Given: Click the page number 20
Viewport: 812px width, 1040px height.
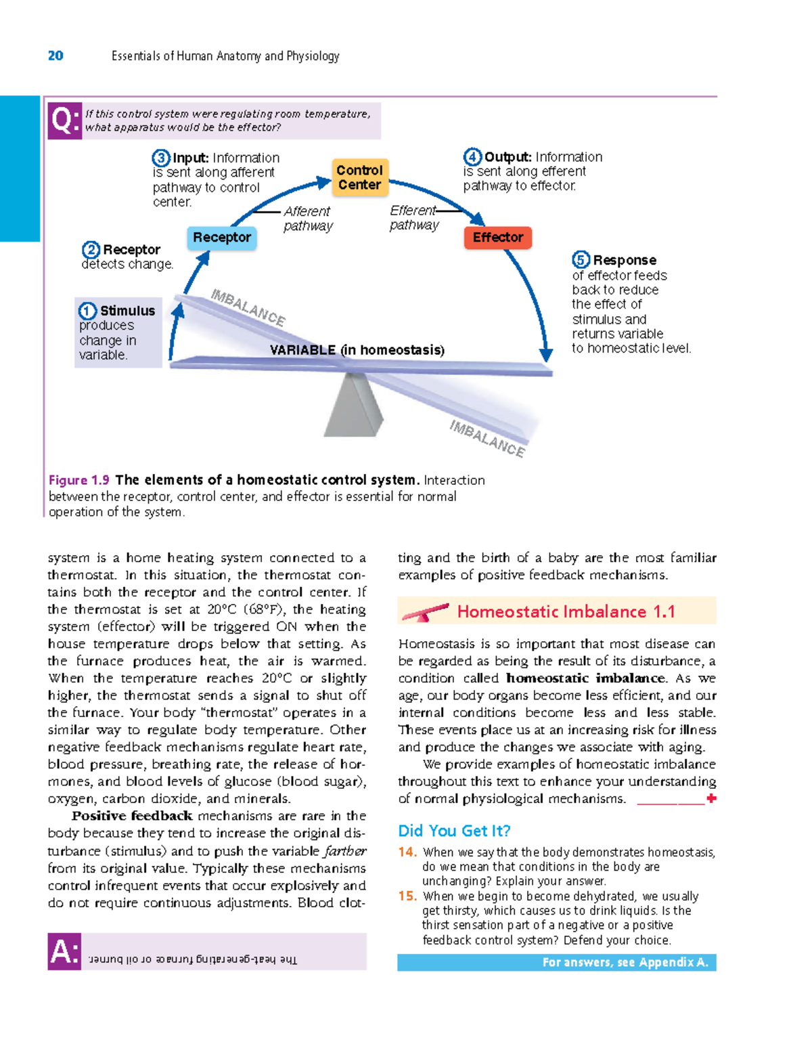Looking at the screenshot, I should coord(55,56).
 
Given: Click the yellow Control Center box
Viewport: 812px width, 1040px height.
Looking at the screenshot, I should coord(359,177).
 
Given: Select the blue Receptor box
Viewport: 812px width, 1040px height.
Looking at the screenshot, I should coord(222,238).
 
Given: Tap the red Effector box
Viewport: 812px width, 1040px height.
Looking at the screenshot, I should coord(498,238).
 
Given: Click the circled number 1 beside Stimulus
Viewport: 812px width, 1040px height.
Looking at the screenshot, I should coord(88,311).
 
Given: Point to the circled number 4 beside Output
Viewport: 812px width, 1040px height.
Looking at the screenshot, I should coord(472,157).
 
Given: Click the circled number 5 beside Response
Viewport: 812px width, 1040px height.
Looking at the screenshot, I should coord(581,259).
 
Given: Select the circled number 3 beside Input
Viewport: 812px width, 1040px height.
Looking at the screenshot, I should coord(160,158).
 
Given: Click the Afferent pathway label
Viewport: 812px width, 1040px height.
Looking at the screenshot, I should coord(308,219).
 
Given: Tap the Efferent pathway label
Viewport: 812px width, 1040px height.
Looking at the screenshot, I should coord(413,218).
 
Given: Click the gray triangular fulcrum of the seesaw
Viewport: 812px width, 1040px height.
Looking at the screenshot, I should coord(353,406).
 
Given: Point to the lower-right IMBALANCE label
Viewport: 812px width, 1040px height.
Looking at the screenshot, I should coord(487,438).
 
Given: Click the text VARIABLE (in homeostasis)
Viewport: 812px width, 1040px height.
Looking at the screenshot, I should coord(357,350).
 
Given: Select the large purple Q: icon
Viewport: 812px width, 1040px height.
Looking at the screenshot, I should coord(65,121).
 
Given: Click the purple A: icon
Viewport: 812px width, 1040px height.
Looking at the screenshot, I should coord(65,952).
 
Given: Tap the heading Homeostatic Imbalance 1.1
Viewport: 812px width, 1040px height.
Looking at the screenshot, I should coord(566,611).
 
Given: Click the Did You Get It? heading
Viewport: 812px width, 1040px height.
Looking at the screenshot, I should coord(454,831).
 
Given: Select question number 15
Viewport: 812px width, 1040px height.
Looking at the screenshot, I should coord(407,896).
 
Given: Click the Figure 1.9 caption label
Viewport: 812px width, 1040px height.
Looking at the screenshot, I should coord(78,480).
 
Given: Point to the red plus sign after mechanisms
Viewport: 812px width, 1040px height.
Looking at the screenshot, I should coord(711,799).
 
